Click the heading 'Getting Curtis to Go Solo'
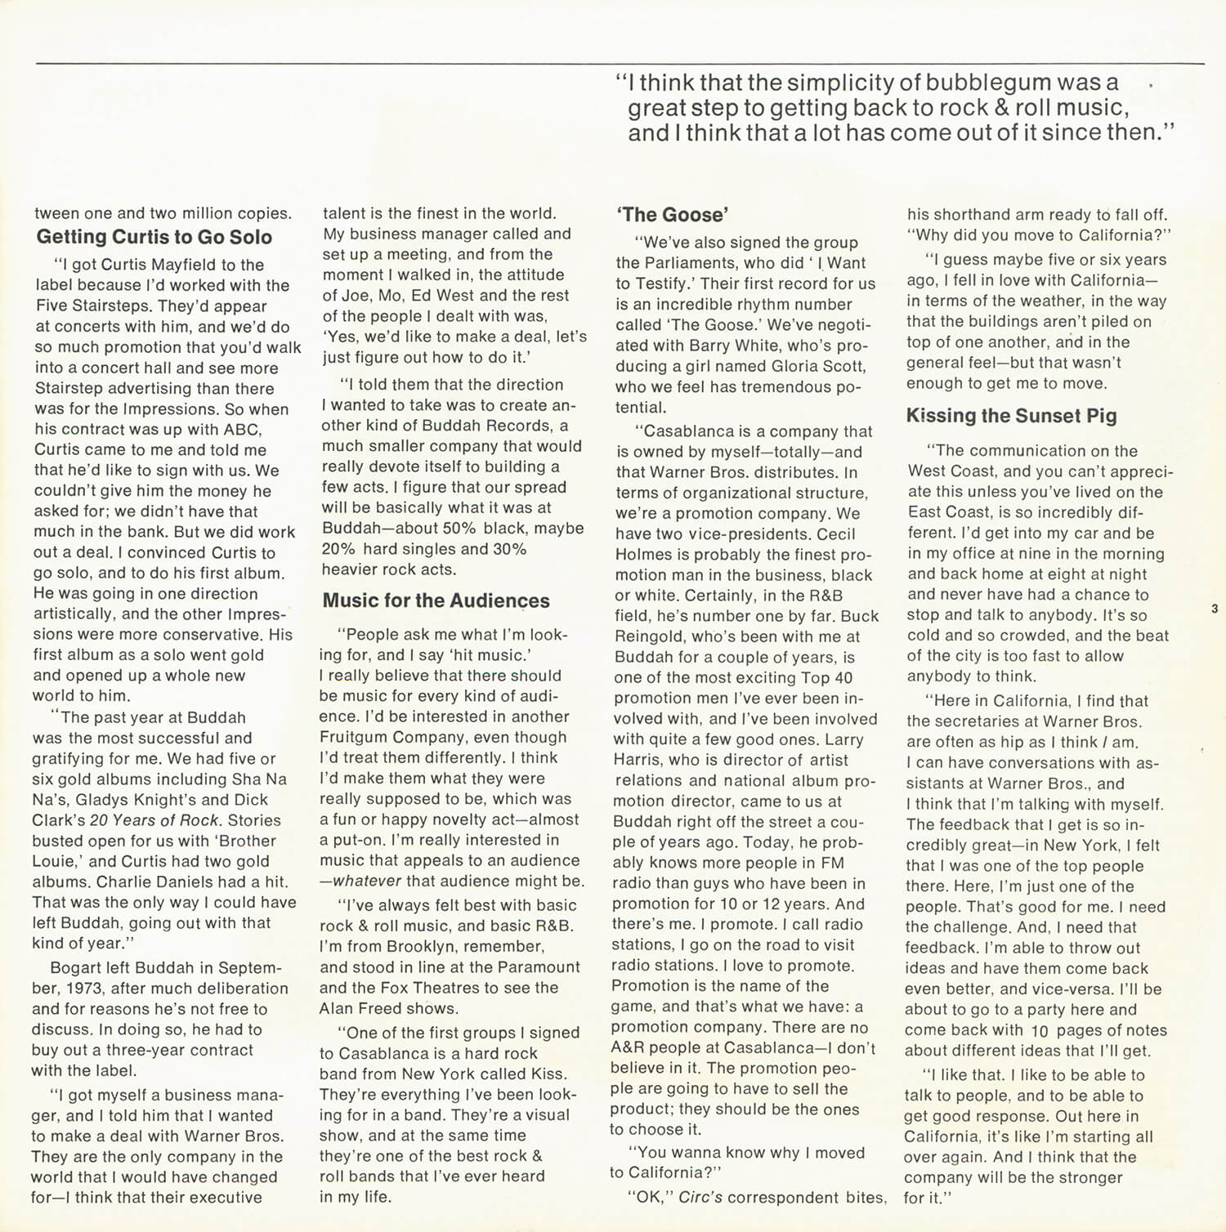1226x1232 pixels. (154, 237)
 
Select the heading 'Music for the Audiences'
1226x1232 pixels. (436, 601)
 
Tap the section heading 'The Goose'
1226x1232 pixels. (671, 215)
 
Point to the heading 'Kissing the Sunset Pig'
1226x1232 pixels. (1011, 416)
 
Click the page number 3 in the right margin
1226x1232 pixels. (1215, 609)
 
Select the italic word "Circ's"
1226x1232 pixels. (700, 1198)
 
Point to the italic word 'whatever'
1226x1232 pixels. (367, 882)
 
